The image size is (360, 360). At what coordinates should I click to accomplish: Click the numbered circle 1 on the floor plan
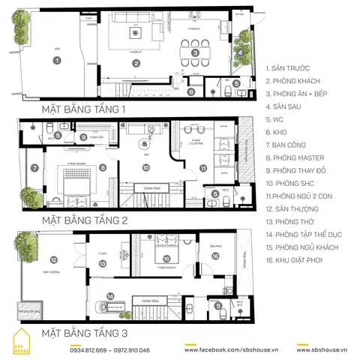[57, 61]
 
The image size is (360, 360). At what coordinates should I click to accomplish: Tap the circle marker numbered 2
[136, 63]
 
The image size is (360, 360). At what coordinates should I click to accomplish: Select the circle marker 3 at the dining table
[194, 52]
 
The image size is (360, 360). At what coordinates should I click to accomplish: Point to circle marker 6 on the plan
[191, 92]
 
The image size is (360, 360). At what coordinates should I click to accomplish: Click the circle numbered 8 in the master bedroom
[102, 168]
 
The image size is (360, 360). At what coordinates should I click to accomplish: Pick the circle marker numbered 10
[147, 168]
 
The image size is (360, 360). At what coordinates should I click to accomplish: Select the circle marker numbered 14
[110, 295]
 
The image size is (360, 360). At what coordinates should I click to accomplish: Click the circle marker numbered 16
[216, 256]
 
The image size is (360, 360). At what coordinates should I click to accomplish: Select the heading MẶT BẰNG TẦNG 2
[85, 220]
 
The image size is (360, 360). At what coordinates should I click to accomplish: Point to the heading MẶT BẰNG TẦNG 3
[85, 331]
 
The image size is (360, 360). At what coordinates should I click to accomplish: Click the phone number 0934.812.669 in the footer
[90, 350]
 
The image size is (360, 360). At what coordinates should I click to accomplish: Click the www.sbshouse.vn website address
[323, 350]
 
